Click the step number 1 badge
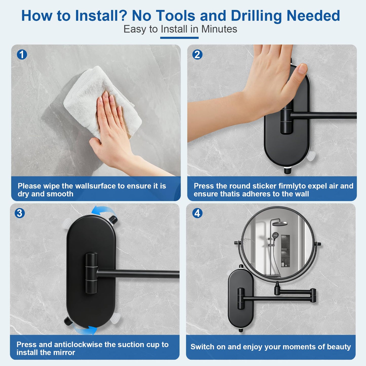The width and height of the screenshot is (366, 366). [22, 55]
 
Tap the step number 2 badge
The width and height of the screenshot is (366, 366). [197, 55]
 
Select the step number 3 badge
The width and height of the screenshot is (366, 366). [20, 213]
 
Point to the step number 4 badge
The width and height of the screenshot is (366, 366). [197, 213]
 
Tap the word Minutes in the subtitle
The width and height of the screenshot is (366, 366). [219, 29]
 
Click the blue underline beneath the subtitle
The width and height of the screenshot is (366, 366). [179, 38]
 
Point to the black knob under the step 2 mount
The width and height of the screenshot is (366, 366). [287, 170]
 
